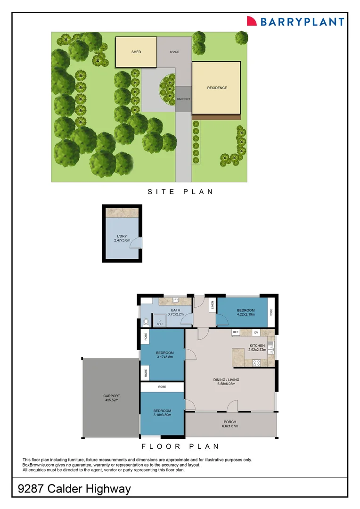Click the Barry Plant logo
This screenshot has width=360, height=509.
(295, 21)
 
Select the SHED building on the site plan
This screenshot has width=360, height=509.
(136, 52)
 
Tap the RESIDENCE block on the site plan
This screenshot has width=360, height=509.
(217, 88)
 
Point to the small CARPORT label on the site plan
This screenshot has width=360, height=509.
(183, 99)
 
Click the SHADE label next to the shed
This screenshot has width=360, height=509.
(174, 52)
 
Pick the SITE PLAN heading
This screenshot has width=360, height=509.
(180, 192)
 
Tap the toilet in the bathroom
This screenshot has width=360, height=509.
(146, 322)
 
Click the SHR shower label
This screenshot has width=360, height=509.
(159, 324)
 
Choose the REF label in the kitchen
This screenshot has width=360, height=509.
(236, 332)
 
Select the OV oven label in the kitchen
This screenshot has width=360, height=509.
(256, 332)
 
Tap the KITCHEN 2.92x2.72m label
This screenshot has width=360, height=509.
(257, 348)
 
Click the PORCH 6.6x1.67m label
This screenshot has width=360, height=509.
(230, 424)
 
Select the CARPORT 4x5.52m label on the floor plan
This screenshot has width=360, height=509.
(112, 398)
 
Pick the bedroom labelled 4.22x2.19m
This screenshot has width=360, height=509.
(245, 312)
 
